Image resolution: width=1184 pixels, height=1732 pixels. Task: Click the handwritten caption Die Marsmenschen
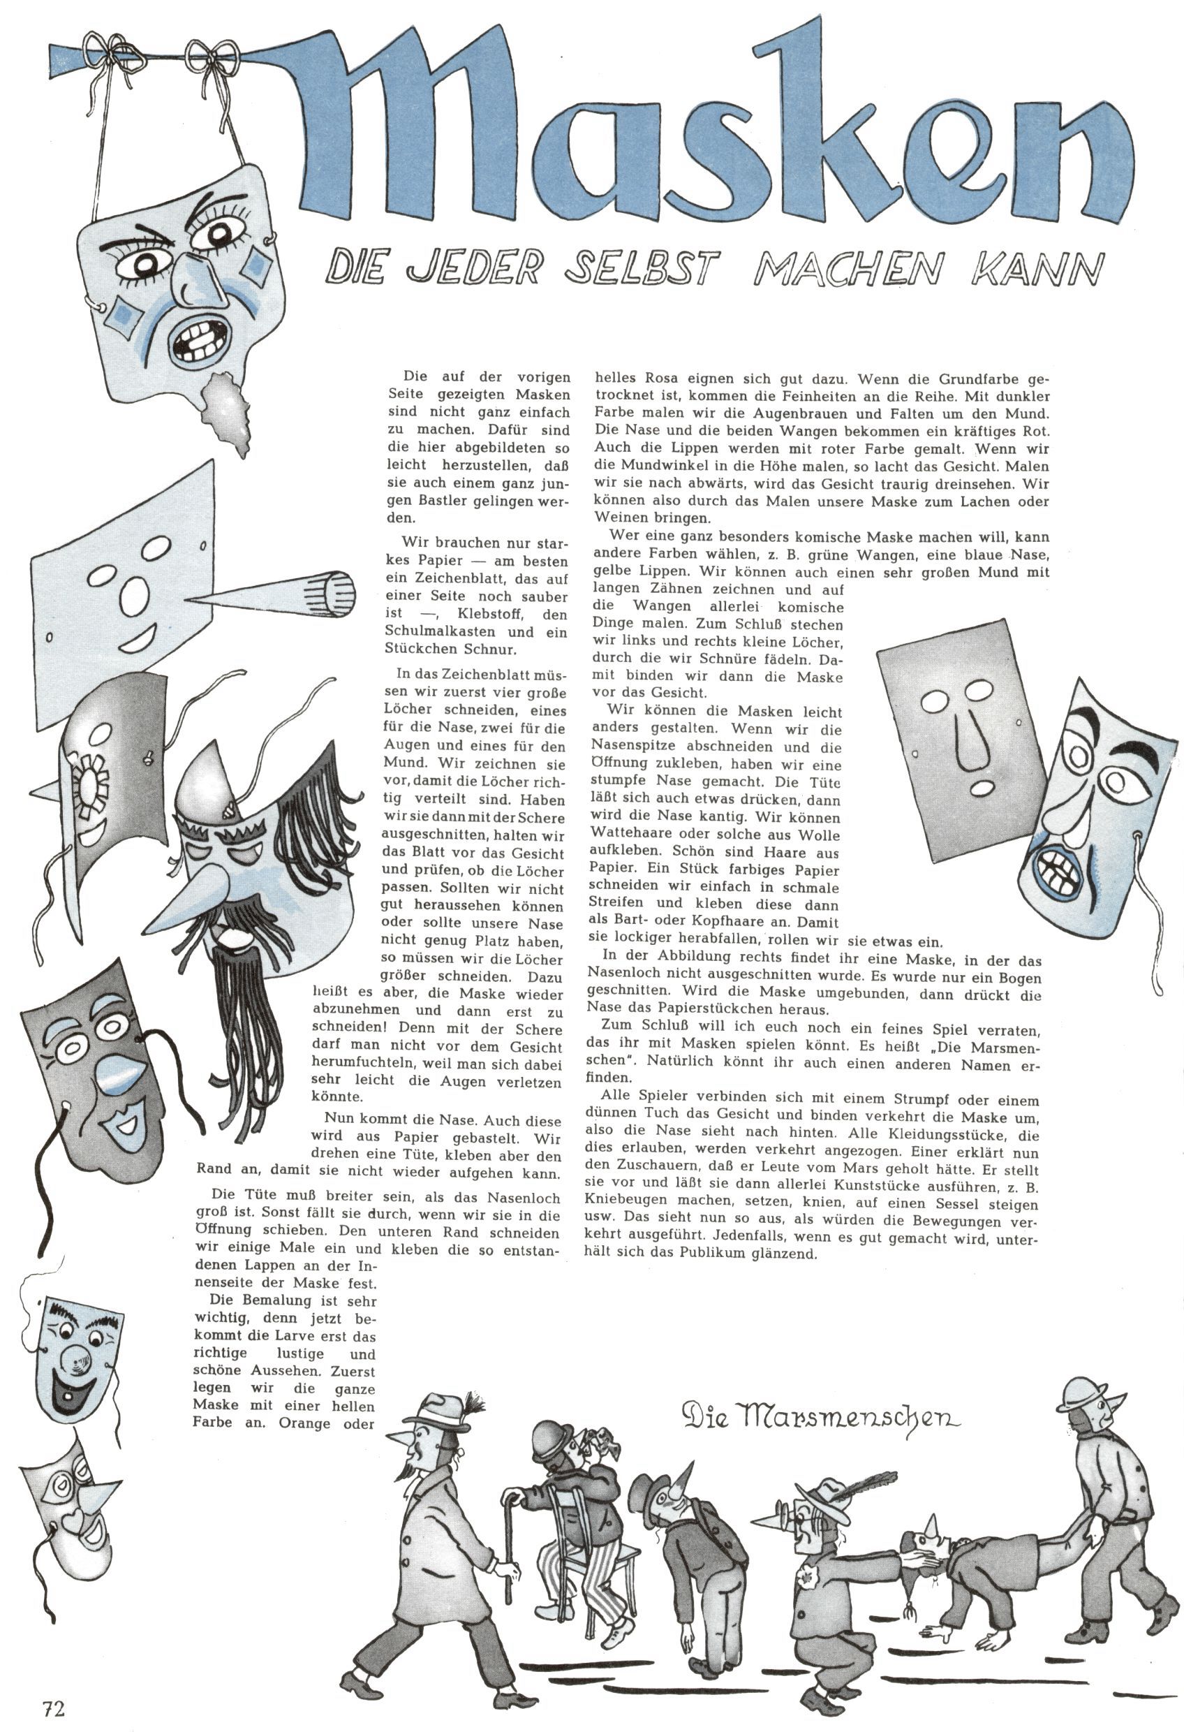point(820,1415)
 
